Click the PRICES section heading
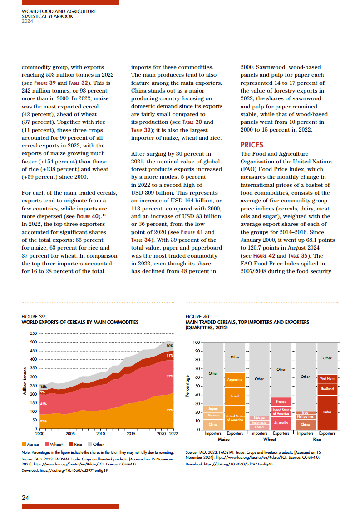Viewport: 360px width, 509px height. point(252,145)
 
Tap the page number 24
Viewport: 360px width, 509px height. point(25,498)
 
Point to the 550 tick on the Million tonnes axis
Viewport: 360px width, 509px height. point(33,333)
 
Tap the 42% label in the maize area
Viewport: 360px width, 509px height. point(169,410)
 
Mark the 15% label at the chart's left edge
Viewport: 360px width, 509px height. point(44,387)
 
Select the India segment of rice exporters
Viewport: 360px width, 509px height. point(327,412)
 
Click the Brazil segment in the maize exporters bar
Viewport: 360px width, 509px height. point(235,396)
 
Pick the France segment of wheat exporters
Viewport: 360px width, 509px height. point(281,402)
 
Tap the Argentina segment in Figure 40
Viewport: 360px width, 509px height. point(235,379)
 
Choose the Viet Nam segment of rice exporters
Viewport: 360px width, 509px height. point(327,378)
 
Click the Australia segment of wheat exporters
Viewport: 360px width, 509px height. point(281,423)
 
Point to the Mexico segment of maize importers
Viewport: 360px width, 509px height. point(213,416)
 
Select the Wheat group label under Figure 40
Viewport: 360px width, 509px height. point(270,439)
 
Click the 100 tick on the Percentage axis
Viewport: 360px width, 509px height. point(196,342)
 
